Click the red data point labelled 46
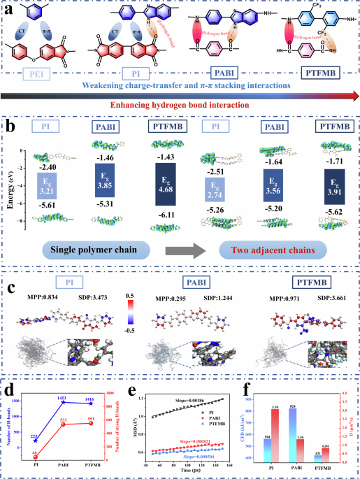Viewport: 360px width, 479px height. point(36,455)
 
